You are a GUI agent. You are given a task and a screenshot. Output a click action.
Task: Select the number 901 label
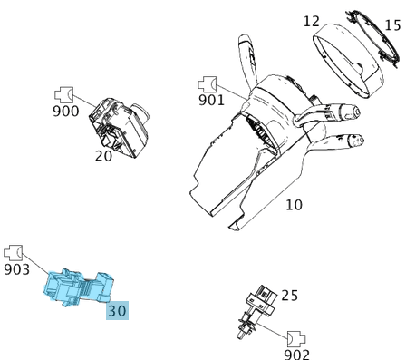point(211,100)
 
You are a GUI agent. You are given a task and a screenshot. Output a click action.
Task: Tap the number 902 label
point(296,355)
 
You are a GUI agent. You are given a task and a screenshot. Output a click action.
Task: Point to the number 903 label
point(17,268)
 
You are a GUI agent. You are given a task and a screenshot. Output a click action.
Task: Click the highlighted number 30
point(117,310)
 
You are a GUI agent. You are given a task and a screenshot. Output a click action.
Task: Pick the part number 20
point(103,155)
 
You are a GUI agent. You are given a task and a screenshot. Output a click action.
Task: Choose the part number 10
point(294,205)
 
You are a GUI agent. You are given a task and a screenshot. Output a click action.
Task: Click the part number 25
point(289,296)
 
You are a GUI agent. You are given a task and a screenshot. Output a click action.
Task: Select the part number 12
point(312,21)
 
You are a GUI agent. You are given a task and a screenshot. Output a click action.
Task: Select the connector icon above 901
point(208,83)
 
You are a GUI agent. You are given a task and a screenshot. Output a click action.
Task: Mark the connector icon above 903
point(14,251)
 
